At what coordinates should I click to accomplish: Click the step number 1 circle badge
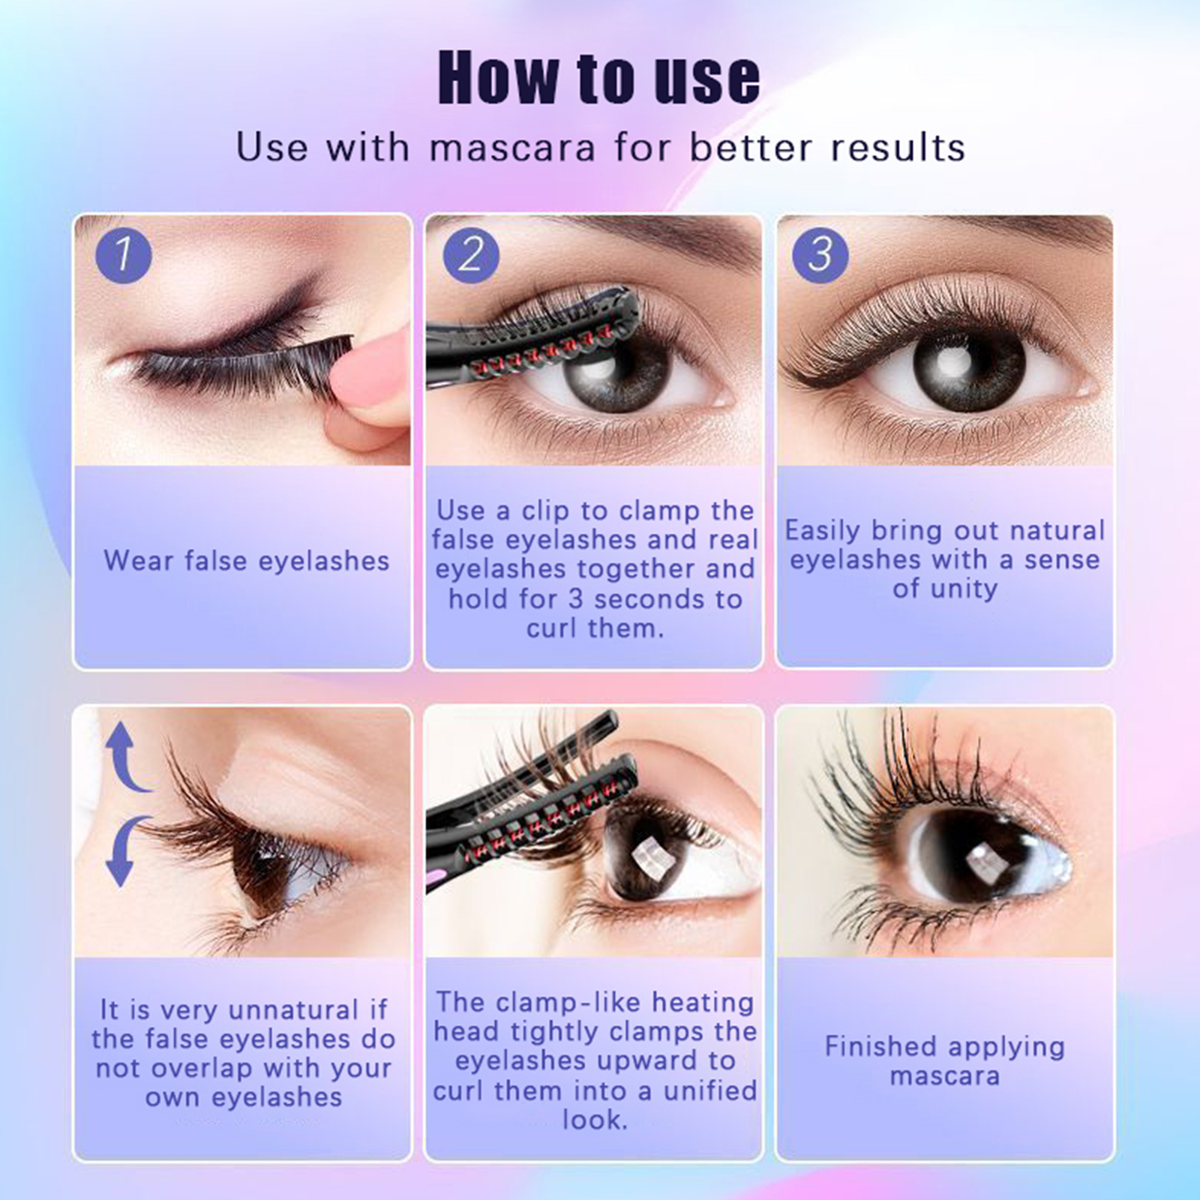pyautogui.click(x=124, y=255)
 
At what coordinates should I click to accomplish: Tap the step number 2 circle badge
pyautogui.click(x=471, y=255)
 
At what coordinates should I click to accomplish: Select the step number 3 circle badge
pyautogui.click(x=820, y=255)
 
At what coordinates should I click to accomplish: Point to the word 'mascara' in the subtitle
pyautogui.click(x=512, y=148)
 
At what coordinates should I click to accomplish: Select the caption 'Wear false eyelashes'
pyautogui.click(x=247, y=561)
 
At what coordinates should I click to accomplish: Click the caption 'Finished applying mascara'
pyautogui.click(x=945, y=1061)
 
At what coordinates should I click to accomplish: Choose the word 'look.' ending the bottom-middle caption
pyautogui.click(x=595, y=1120)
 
